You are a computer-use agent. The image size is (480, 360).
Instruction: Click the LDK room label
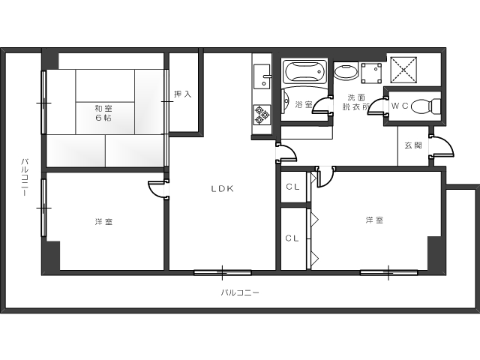click(x=223, y=189)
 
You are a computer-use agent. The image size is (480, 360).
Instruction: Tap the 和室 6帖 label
click(x=103, y=113)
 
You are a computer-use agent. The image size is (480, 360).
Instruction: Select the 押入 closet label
click(x=183, y=94)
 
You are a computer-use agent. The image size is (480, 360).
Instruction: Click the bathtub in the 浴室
click(x=304, y=72)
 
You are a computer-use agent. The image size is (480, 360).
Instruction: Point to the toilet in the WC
click(x=425, y=106)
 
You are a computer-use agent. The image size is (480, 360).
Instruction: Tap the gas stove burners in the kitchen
click(x=262, y=115)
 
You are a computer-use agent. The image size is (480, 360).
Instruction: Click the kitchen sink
click(x=262, y=76)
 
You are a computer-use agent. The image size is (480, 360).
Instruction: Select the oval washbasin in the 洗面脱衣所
click(x=346, y=72)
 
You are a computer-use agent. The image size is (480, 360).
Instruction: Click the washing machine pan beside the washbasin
click(x=371, y=73)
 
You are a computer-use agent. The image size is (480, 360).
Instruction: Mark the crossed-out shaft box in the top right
click(x=403, y=70)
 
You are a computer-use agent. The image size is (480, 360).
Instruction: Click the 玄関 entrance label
click(x=413, y=145)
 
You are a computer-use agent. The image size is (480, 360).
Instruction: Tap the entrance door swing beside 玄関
click(x=441, y=147)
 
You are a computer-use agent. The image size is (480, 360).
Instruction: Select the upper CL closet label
click(x=292, y=187)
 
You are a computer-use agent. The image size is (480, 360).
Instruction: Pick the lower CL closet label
click(x=292, y=238)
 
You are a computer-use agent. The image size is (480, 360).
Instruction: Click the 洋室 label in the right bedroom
click(x=374, y=220)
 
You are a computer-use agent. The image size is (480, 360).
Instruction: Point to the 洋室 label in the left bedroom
click(x=103, y=222)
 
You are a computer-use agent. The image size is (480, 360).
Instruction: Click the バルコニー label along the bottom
click(x=240, y=292)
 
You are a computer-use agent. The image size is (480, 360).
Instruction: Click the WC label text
click(x=400, y=106)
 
